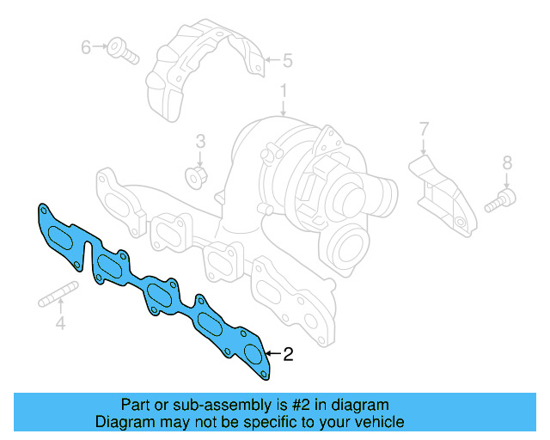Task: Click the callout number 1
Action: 283,90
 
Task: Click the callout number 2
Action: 288,354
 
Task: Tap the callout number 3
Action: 199,141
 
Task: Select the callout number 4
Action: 60,324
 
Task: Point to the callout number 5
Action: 288,60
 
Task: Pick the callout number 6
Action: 86,47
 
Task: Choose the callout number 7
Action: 424,130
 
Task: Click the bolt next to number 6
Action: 122,51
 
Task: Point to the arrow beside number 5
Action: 271,60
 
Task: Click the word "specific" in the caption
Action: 277,422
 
